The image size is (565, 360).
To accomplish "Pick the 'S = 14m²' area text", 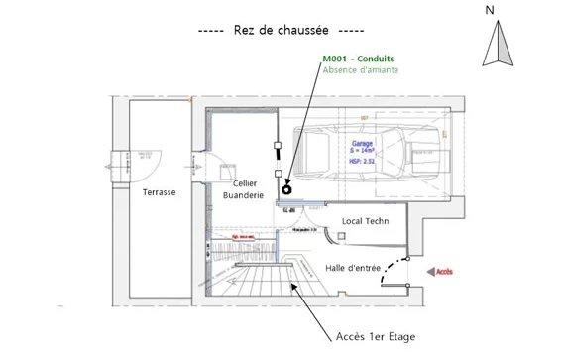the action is click(x=363, y=151).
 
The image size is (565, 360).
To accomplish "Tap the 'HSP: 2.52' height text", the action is click(x=363, y=160).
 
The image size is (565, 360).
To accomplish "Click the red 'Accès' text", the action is click(x=444, y=270).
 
